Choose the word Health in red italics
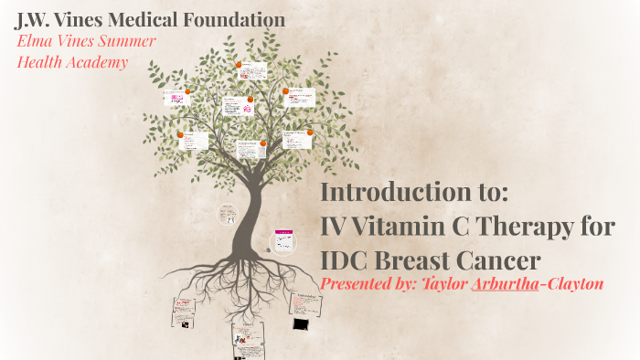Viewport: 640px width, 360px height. (x=42, y=62)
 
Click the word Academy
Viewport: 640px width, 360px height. (x=99, y=62)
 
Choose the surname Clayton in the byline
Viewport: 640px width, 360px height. (x=572, y=284)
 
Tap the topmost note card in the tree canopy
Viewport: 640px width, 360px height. (x=253, y=70)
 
